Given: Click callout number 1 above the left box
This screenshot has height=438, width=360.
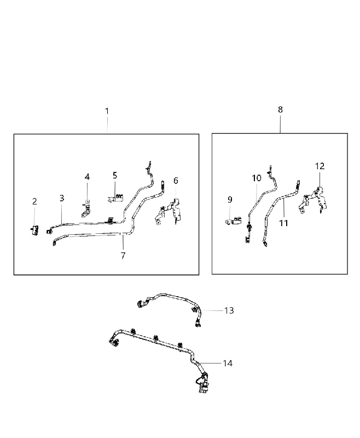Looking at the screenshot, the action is pyautogui.click(x=107, y=111).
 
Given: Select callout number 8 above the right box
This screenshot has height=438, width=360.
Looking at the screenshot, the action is pyautogui.click(x=280, y=109).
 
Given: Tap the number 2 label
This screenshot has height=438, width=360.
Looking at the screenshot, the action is pyautogui.click(x=34, y=201).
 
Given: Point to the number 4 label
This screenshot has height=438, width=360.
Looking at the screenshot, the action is pyautogui.click(x=87, y=177).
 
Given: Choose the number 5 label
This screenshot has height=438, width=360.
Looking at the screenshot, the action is pyautogui.click(x=115, y=175).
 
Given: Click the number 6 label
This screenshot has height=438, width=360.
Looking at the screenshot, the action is pyautogui.click(x=176, y=181).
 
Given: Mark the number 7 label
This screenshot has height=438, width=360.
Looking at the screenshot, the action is pyautogui.click(x=123, y=255).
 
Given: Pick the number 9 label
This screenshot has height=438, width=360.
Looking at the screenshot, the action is pyautogui.click(x=230, y=199).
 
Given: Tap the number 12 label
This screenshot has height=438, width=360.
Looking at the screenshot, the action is pyautogui.click(x=320, y=166).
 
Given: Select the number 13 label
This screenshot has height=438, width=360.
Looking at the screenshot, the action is pyautogui.click(x=229, y=310).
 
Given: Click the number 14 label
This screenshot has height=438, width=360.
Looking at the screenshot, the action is pyautogui.click(x=228, y=363).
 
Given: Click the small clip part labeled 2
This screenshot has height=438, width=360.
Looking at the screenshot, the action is pyautogui.click(x=35, y=230).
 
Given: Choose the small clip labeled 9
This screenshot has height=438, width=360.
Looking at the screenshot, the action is pyautogui.click(x=234, y=221).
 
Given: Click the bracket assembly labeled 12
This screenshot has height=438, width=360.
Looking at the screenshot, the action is pyautogui.click(x=313, y=200).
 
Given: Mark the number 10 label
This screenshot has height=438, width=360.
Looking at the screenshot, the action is pyautogui.click(x=257, y=178).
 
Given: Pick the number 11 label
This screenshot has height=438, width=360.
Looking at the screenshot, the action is pyautogui.click(x=283, y=223).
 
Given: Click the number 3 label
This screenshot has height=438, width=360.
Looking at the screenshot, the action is pyautogui.click(x=62, y=198).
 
